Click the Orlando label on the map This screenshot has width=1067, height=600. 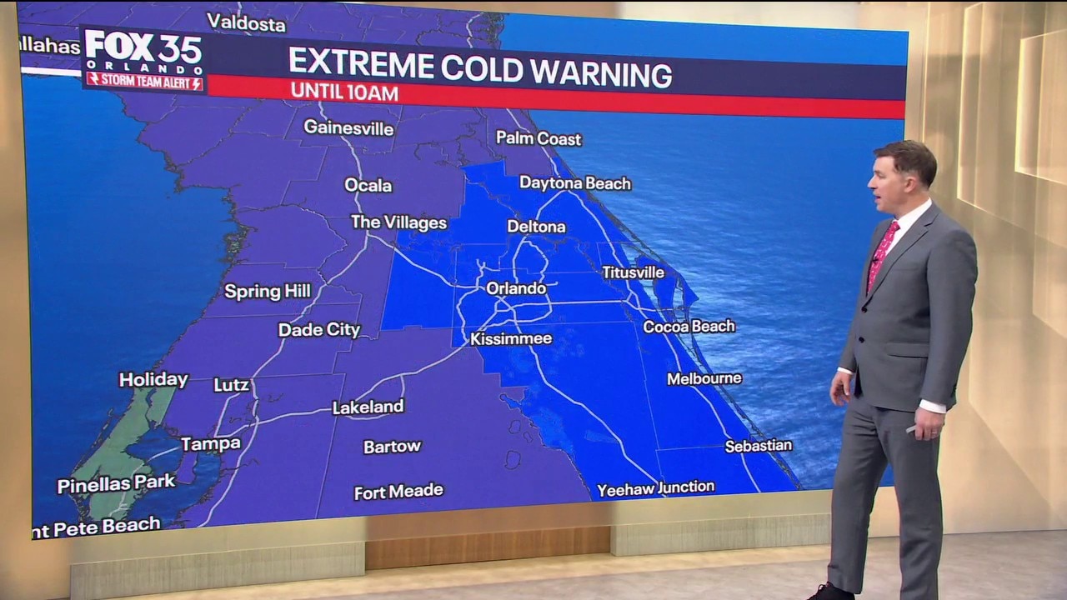point(516,288)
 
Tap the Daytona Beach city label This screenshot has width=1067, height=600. point(575,182)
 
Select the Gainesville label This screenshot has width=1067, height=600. point(348,127)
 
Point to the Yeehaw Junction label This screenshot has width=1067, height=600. point(655,488)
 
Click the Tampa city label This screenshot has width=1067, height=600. point(211,444)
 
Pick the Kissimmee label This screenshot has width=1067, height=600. point(511,339)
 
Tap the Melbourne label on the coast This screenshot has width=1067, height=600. point(704,378)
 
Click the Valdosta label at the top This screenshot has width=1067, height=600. point(246,22)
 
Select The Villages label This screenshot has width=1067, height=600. point(398,222)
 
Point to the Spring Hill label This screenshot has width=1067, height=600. point(268,291)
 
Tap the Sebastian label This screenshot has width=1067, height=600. point(758,446)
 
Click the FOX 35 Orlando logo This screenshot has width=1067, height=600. point(143,52)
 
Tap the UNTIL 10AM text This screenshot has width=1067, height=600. point(344,92)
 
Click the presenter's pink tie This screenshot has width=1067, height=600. point(881,255)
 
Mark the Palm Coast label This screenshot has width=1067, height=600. point(539,138)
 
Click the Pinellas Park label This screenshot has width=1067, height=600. point(116,483)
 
